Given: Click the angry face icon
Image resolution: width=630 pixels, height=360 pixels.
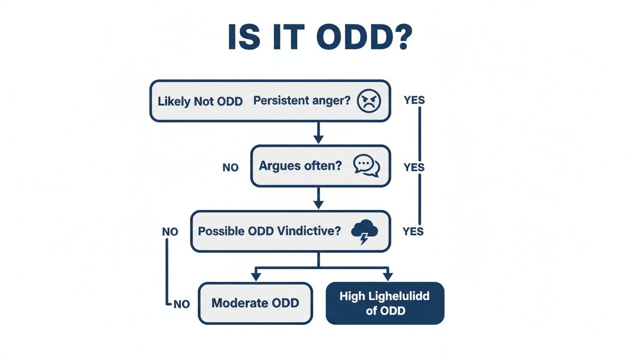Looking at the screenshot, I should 369,101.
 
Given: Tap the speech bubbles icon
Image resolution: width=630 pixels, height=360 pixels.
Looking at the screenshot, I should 367,166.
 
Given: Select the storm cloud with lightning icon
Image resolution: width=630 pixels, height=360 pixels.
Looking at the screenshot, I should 363,232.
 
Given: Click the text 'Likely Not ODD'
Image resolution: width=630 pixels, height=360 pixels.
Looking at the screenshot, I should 200,101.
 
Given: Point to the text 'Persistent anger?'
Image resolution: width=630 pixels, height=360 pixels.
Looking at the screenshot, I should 302,101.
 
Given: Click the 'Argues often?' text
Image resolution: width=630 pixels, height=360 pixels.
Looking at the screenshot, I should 300,166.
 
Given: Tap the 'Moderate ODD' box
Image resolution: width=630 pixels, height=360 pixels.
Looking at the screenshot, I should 255,303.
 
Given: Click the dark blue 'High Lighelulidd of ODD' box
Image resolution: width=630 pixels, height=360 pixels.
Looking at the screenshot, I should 384,303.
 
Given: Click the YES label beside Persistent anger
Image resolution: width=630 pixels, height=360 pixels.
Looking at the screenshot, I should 414,100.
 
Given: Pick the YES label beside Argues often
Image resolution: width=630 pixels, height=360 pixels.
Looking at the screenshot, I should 414,167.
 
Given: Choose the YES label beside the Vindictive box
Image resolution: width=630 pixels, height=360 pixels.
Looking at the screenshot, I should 413,232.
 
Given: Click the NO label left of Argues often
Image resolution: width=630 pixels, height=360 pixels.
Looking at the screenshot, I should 231,167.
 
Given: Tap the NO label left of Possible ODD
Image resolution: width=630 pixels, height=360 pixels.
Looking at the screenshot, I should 170,232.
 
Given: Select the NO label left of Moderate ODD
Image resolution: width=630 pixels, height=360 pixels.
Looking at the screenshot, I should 181,304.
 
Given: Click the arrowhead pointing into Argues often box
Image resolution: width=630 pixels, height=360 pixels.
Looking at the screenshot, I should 319,140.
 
